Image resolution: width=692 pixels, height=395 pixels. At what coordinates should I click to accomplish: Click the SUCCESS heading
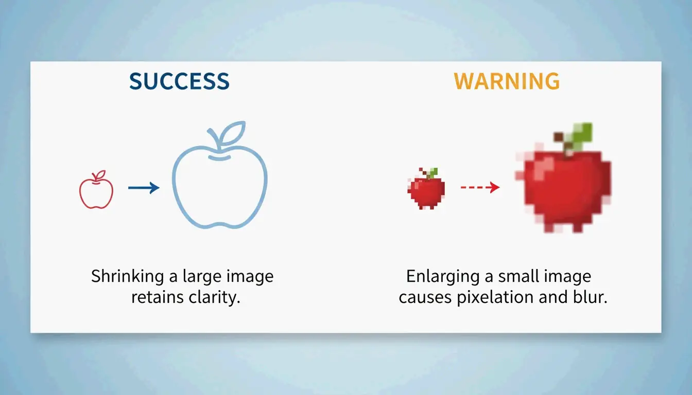coord(179,82)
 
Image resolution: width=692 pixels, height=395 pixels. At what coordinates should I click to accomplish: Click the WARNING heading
coord(507,82)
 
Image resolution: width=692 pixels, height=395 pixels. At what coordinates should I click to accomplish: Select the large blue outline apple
coord(220,183)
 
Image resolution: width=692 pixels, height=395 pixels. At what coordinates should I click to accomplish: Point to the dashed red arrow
coord(480,188)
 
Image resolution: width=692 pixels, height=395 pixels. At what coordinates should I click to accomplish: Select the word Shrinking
coord(128,277)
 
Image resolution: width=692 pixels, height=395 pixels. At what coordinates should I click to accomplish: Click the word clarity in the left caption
coord(213,298)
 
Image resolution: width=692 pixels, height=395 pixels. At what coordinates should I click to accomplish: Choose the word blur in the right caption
coord(591,298)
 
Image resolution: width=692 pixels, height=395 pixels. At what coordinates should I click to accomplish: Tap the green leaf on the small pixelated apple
coord(433,173)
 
